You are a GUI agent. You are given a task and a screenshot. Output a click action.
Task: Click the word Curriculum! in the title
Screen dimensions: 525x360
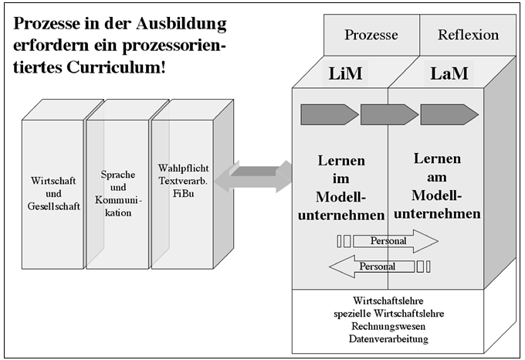pyautogui.click(x=116, y=67)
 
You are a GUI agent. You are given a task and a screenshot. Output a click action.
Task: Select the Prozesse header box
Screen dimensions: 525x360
pyautogui.click(x=371, y=35)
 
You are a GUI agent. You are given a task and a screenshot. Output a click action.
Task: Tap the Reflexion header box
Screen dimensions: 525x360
pyautogui.click(x=468, y=35)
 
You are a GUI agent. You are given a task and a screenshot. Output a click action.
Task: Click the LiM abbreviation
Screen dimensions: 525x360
pyautogui.click(x=345, y=73)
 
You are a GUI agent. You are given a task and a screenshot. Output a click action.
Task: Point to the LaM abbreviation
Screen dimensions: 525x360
pyautogui.click(x=449, y=73)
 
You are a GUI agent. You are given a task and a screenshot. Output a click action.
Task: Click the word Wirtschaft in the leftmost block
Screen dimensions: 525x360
pyautogui.click(x=53, y=181)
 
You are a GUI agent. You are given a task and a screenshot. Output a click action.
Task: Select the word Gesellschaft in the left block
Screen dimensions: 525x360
pyautogui.click(x=53, y=206)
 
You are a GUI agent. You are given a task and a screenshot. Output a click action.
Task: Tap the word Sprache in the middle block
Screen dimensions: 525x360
pyautogui.click(x=118, y=175)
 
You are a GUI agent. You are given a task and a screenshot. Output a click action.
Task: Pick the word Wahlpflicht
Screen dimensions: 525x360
pyautogui.click(x=183, y=168)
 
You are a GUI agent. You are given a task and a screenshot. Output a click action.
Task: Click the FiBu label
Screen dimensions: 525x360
pyautogui.click(x=183, y=194)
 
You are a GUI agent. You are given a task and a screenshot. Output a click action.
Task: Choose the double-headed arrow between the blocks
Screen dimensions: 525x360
pyautogui.click(x=252, y=176)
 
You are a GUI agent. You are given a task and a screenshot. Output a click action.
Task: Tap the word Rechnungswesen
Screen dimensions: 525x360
pyautogui.click(x=388, y=326)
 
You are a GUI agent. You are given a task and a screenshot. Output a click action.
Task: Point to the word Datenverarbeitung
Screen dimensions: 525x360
pyautogui.click(x=388, y=338)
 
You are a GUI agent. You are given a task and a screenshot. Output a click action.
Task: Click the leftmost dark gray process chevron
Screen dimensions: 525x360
pyautogui.click(x=330, y=114)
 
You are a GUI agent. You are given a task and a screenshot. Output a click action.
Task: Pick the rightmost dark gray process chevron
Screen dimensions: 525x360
pyautogui.click(x=449, y=114)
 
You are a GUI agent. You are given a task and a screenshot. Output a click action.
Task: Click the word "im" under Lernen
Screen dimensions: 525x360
pyautogui.click(x=340, y=178)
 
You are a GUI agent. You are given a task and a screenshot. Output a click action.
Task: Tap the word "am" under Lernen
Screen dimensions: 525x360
pyautogui.click(x=437, y=177)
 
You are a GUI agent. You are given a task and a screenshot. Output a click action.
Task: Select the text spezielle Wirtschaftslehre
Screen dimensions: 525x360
pyautogui.click(x=388, y=314)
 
